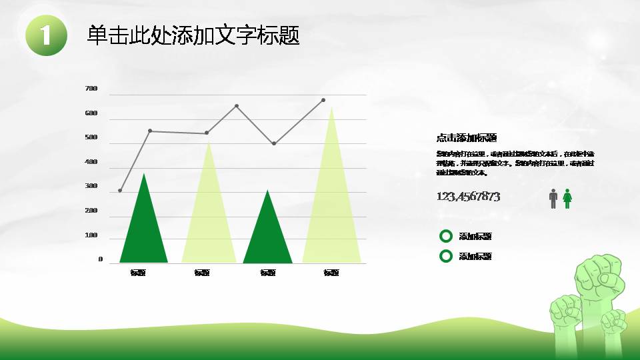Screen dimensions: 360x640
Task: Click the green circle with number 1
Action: point(47,35)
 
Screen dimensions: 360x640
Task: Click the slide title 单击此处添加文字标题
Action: point(193,35)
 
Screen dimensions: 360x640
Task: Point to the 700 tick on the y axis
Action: point(91,89)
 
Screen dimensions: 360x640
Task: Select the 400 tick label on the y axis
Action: point(91,162)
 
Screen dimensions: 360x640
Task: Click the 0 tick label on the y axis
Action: point(101,259)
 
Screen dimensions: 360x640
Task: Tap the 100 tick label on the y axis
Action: point(91,235)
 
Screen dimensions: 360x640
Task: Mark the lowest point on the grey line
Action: point(120,191)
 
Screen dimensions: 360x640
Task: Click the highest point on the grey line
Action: point(323,100)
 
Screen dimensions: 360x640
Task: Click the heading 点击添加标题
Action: point(467,138)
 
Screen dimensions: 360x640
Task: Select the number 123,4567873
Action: point(468,197)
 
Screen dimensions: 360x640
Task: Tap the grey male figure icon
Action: point(553,198)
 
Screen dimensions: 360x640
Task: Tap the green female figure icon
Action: point(567,198)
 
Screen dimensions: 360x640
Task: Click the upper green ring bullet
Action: point(446,236)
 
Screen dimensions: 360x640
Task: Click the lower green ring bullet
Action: point(446,256)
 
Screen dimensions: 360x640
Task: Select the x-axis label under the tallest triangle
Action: point(331,273)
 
